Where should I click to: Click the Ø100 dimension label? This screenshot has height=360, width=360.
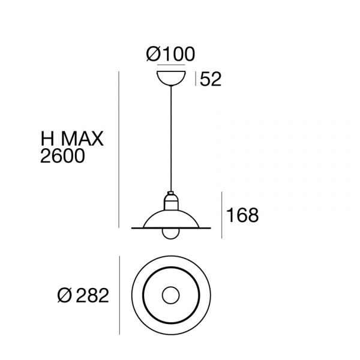170,54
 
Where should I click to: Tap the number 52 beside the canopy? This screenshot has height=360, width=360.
211,79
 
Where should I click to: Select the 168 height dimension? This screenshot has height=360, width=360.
242,215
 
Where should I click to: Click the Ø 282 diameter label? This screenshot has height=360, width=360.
83,295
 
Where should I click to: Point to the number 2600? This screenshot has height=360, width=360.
62,156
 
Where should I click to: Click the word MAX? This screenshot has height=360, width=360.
82,139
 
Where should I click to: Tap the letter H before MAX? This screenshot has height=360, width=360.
47,139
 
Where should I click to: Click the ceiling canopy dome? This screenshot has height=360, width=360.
171,78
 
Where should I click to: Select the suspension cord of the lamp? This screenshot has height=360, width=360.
171,139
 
